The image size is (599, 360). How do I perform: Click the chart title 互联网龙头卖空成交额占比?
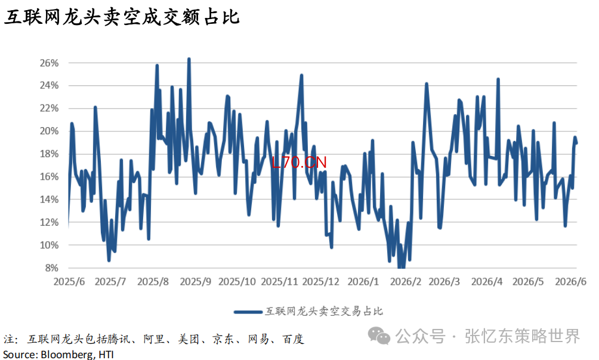click(122, 17)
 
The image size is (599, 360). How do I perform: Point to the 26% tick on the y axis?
click(50, 63)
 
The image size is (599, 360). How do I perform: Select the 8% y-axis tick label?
click(51, 268)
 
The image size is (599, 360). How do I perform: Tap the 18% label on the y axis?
click(50, 154)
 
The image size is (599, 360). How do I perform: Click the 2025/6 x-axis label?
click(69, 282)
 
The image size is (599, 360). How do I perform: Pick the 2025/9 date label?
click(196, 282)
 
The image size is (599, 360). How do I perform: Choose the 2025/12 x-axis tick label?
click(321, 282)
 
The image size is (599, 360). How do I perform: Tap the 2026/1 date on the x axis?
click(363, 282)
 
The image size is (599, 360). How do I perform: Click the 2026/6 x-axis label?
click(571, 282)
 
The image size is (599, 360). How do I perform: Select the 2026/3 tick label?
click(444, 282)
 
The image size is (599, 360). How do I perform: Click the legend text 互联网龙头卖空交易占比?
click(324, 312)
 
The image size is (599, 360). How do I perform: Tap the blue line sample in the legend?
click(248, 312)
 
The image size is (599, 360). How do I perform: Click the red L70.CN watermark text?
click(299, 162)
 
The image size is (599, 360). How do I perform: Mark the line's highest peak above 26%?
click(189, 59)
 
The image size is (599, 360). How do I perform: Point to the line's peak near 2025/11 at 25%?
click(301, 76)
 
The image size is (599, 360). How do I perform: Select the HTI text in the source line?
click(106, 354)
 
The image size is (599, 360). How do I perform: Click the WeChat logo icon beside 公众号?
click(379, 336)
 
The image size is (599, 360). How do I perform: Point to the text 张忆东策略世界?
click(523, 336)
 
